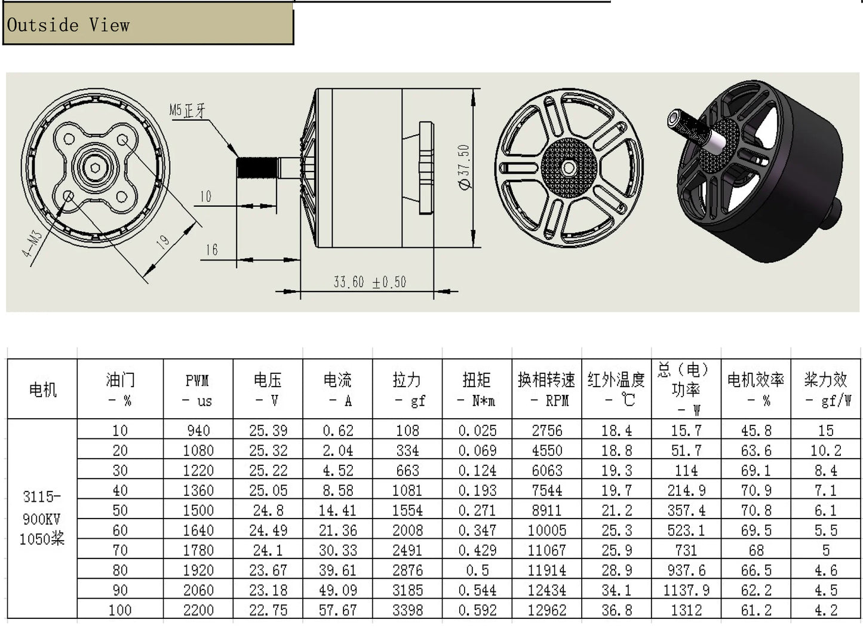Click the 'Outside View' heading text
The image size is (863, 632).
point(68,25)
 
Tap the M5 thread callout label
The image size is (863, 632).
point(188,111)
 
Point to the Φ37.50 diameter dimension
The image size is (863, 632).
point(465,167)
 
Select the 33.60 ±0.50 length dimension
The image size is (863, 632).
point(370,282)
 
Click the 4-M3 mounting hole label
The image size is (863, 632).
point(32,244)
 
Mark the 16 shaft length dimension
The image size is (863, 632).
point(211,250)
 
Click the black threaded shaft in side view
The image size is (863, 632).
point(257,168)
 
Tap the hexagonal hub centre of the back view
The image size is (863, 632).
point(569,168)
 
